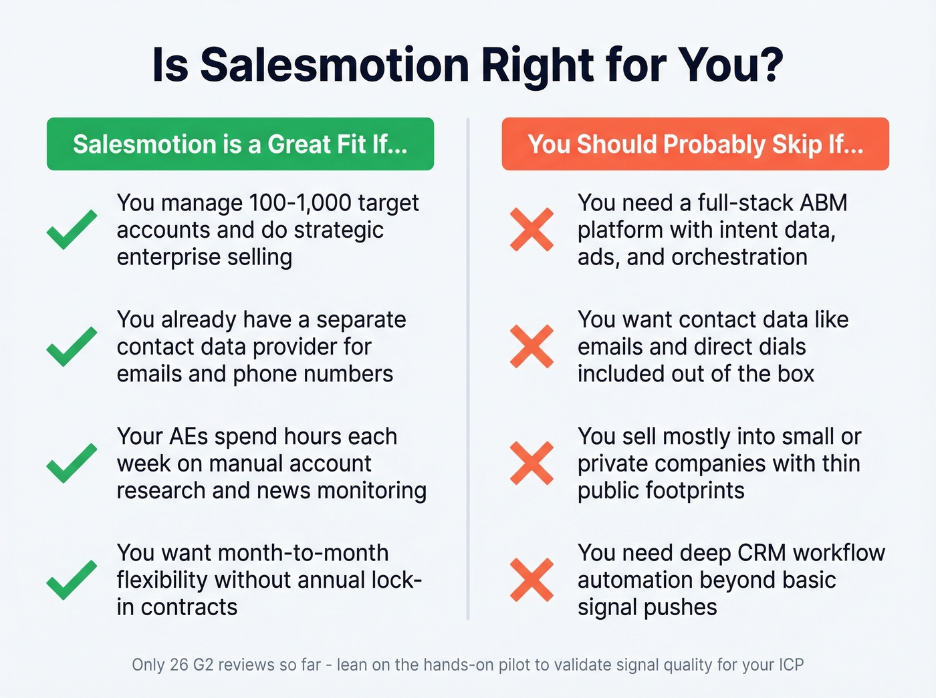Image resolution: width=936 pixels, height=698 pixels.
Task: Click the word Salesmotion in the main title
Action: point(334,65)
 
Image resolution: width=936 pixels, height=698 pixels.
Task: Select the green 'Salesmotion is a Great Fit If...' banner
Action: point(240,144)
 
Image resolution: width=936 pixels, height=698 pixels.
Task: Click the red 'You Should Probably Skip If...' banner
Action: point(695,144)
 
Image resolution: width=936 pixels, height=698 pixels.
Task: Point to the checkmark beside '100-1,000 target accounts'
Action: point(72,230)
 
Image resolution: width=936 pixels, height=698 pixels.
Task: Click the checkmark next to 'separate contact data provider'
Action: point(72,347)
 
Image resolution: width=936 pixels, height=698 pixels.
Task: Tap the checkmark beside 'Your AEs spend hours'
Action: point(72,463)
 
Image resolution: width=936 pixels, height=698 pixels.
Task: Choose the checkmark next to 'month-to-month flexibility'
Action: point(72,580)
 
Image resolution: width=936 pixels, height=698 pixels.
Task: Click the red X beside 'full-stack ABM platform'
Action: point(532,230)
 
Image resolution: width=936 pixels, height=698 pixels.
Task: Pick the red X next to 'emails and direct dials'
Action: point(532,347)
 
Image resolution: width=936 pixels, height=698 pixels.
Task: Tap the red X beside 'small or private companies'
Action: point(532,463)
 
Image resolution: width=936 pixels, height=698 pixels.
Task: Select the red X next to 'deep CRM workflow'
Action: point(532,580)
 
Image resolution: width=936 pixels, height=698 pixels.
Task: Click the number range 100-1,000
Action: point(300,203)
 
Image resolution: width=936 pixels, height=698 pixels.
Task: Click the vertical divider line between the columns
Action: point(468,367)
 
